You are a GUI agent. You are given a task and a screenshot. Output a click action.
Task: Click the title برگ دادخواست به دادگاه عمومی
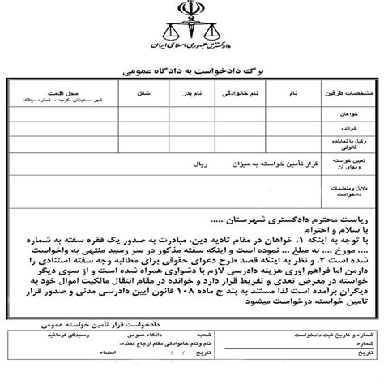192,72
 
